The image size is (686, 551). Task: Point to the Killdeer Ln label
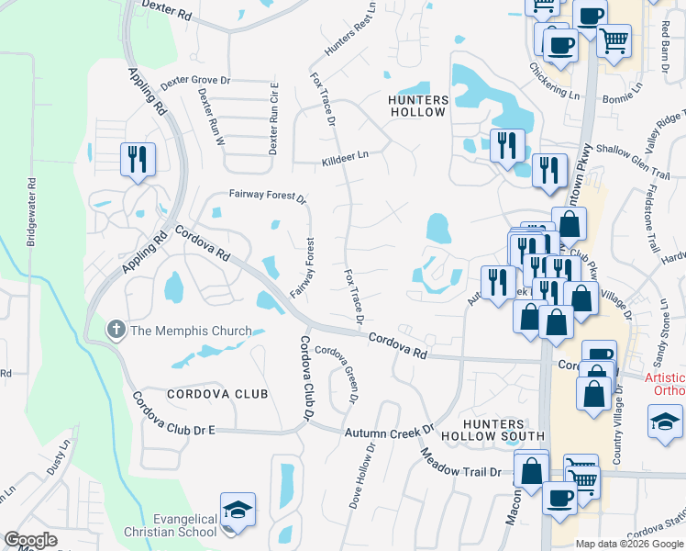tap(345, 157)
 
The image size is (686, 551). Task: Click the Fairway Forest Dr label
tap(267, 196)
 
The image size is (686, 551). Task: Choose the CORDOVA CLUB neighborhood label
tap(217, 394)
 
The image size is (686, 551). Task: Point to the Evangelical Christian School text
tap(171, 526)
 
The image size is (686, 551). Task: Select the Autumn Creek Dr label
tap(389, 430)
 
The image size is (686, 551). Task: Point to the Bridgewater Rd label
tap(32, 211)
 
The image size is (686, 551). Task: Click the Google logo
tap(30, 540)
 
